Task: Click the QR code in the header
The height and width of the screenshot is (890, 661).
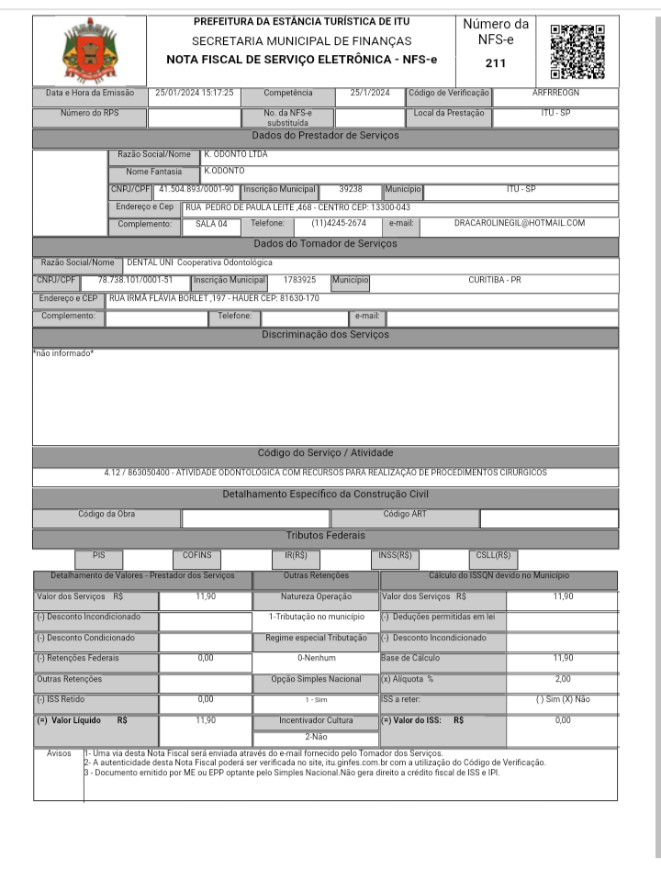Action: coord(577,50)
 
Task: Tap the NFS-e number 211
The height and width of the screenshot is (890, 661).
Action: coord(495,64)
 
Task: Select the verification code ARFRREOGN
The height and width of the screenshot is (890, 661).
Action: coord(555,93)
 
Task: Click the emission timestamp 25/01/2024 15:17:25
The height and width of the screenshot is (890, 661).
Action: coord(194,93)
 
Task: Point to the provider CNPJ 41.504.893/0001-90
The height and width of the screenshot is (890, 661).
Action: coord(196,189)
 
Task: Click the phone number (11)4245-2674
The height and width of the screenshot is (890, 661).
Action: coord(339,223)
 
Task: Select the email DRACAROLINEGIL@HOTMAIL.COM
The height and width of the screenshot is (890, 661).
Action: coord(520,223)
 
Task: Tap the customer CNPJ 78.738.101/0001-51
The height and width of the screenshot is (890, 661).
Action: coord(135,280)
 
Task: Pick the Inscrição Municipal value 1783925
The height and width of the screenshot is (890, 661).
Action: coord(299,280)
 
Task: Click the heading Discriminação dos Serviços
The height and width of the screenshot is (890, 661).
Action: coord(325,335)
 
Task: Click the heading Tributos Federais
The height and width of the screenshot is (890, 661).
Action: coord(325,535)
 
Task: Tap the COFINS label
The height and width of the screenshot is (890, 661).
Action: coord(196,555)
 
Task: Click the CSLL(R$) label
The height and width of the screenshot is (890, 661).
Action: coord(493,555)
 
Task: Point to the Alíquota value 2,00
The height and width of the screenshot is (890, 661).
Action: coord(563,679)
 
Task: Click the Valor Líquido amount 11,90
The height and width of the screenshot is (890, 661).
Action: coord(206,720)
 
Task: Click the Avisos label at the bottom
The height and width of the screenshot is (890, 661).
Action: coord(59,753)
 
